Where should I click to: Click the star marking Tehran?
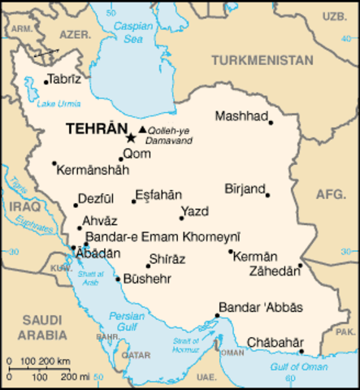coord(132,139)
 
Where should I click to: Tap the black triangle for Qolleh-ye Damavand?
coord(143,129)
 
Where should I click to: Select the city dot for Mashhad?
coord(271,123)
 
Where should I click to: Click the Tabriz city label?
coord(64,80)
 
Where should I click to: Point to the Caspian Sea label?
coord(132,31)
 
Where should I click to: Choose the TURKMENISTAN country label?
coord(262,61)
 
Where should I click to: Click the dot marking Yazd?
coord(181,218)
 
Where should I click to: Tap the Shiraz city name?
coord(167,259)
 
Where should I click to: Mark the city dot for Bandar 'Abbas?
coord(217,315)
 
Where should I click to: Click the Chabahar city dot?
coord(301,352)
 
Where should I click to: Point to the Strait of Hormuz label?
coord(186,344)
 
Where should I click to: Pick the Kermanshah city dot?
coord(54,163)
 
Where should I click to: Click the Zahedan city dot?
coord(300,265)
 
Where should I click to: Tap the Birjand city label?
coord(245,188)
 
